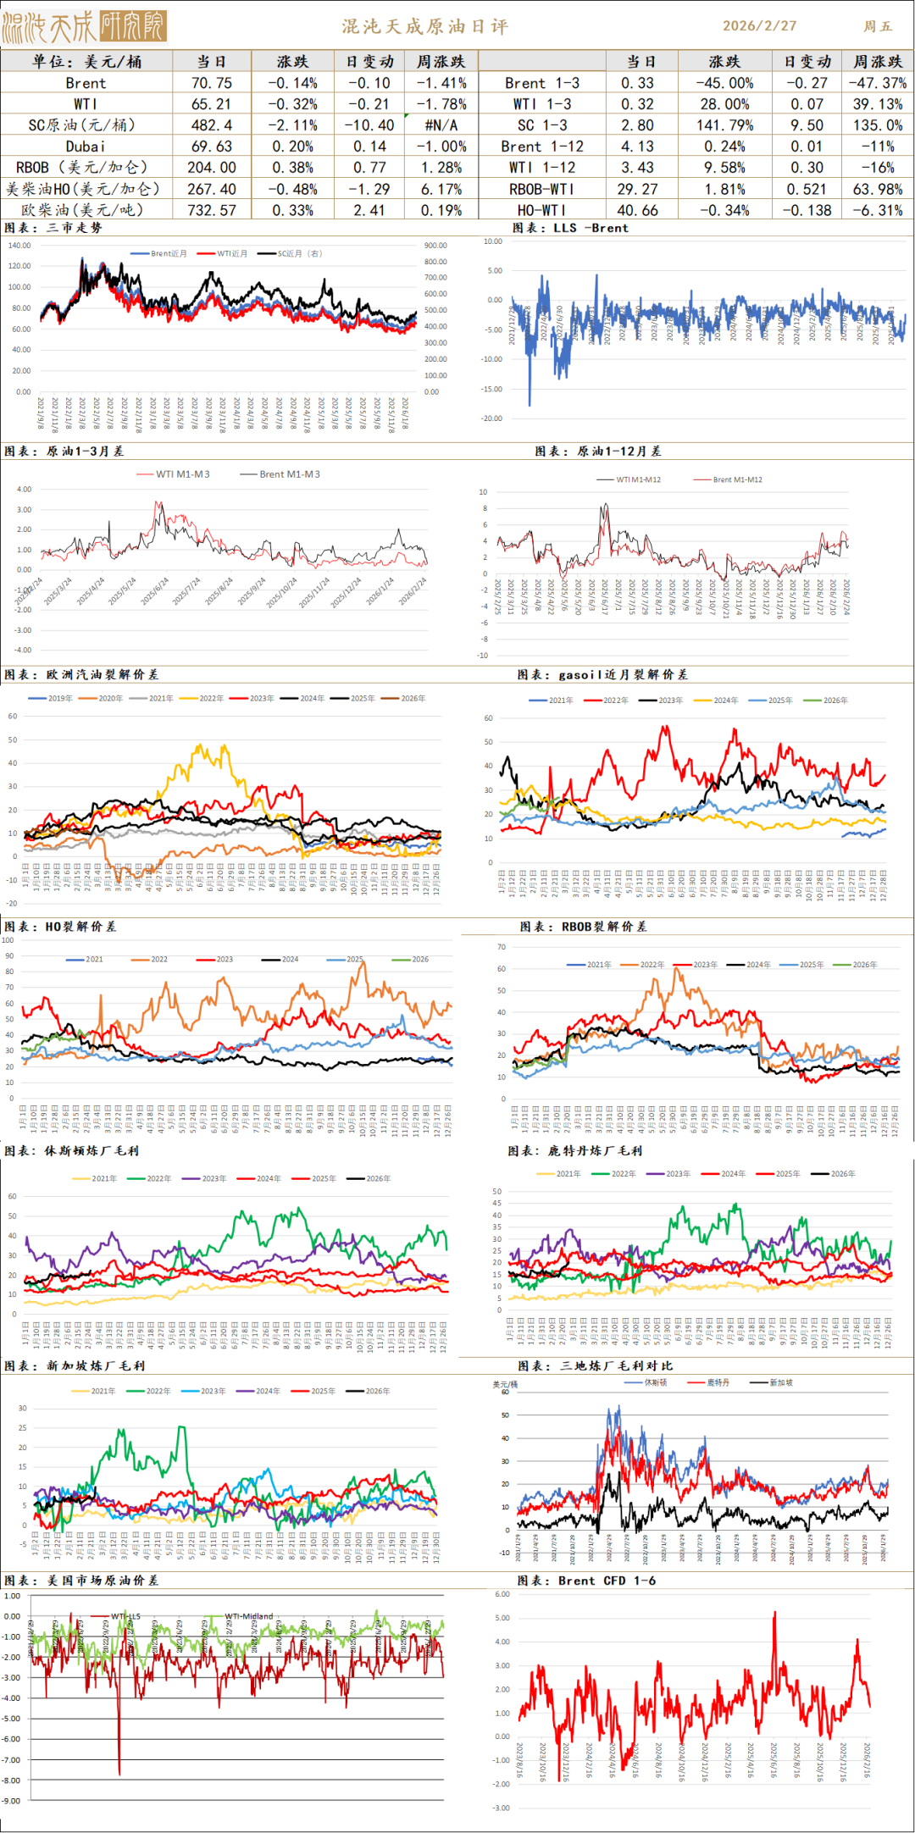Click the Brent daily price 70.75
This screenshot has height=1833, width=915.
tap(212, 83)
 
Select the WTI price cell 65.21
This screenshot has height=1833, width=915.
tap(212, 104)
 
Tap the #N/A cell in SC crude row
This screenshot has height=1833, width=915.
tap(441, 125)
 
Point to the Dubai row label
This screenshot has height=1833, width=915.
tap(86, 147)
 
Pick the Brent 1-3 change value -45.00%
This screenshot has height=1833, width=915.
tap(724, 83)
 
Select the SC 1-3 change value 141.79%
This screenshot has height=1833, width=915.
tap(724, 125)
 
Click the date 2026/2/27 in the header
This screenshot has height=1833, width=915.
tap(759, 25)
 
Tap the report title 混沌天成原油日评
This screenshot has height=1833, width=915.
tap(425, 26)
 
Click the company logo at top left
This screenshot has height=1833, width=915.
tap(84, 26)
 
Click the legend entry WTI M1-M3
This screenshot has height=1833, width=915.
tap(182, 474)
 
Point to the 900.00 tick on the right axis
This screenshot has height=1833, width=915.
tap(435, 246)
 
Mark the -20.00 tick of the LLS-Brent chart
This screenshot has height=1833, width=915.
tap(492, 418)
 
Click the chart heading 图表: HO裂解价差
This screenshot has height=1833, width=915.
tap(60, 927)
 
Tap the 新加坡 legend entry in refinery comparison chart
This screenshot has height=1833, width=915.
tap(780, 1382)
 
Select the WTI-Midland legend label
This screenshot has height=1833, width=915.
tap(249, 1616)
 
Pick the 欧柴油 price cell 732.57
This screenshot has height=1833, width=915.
tap(212, 210)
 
